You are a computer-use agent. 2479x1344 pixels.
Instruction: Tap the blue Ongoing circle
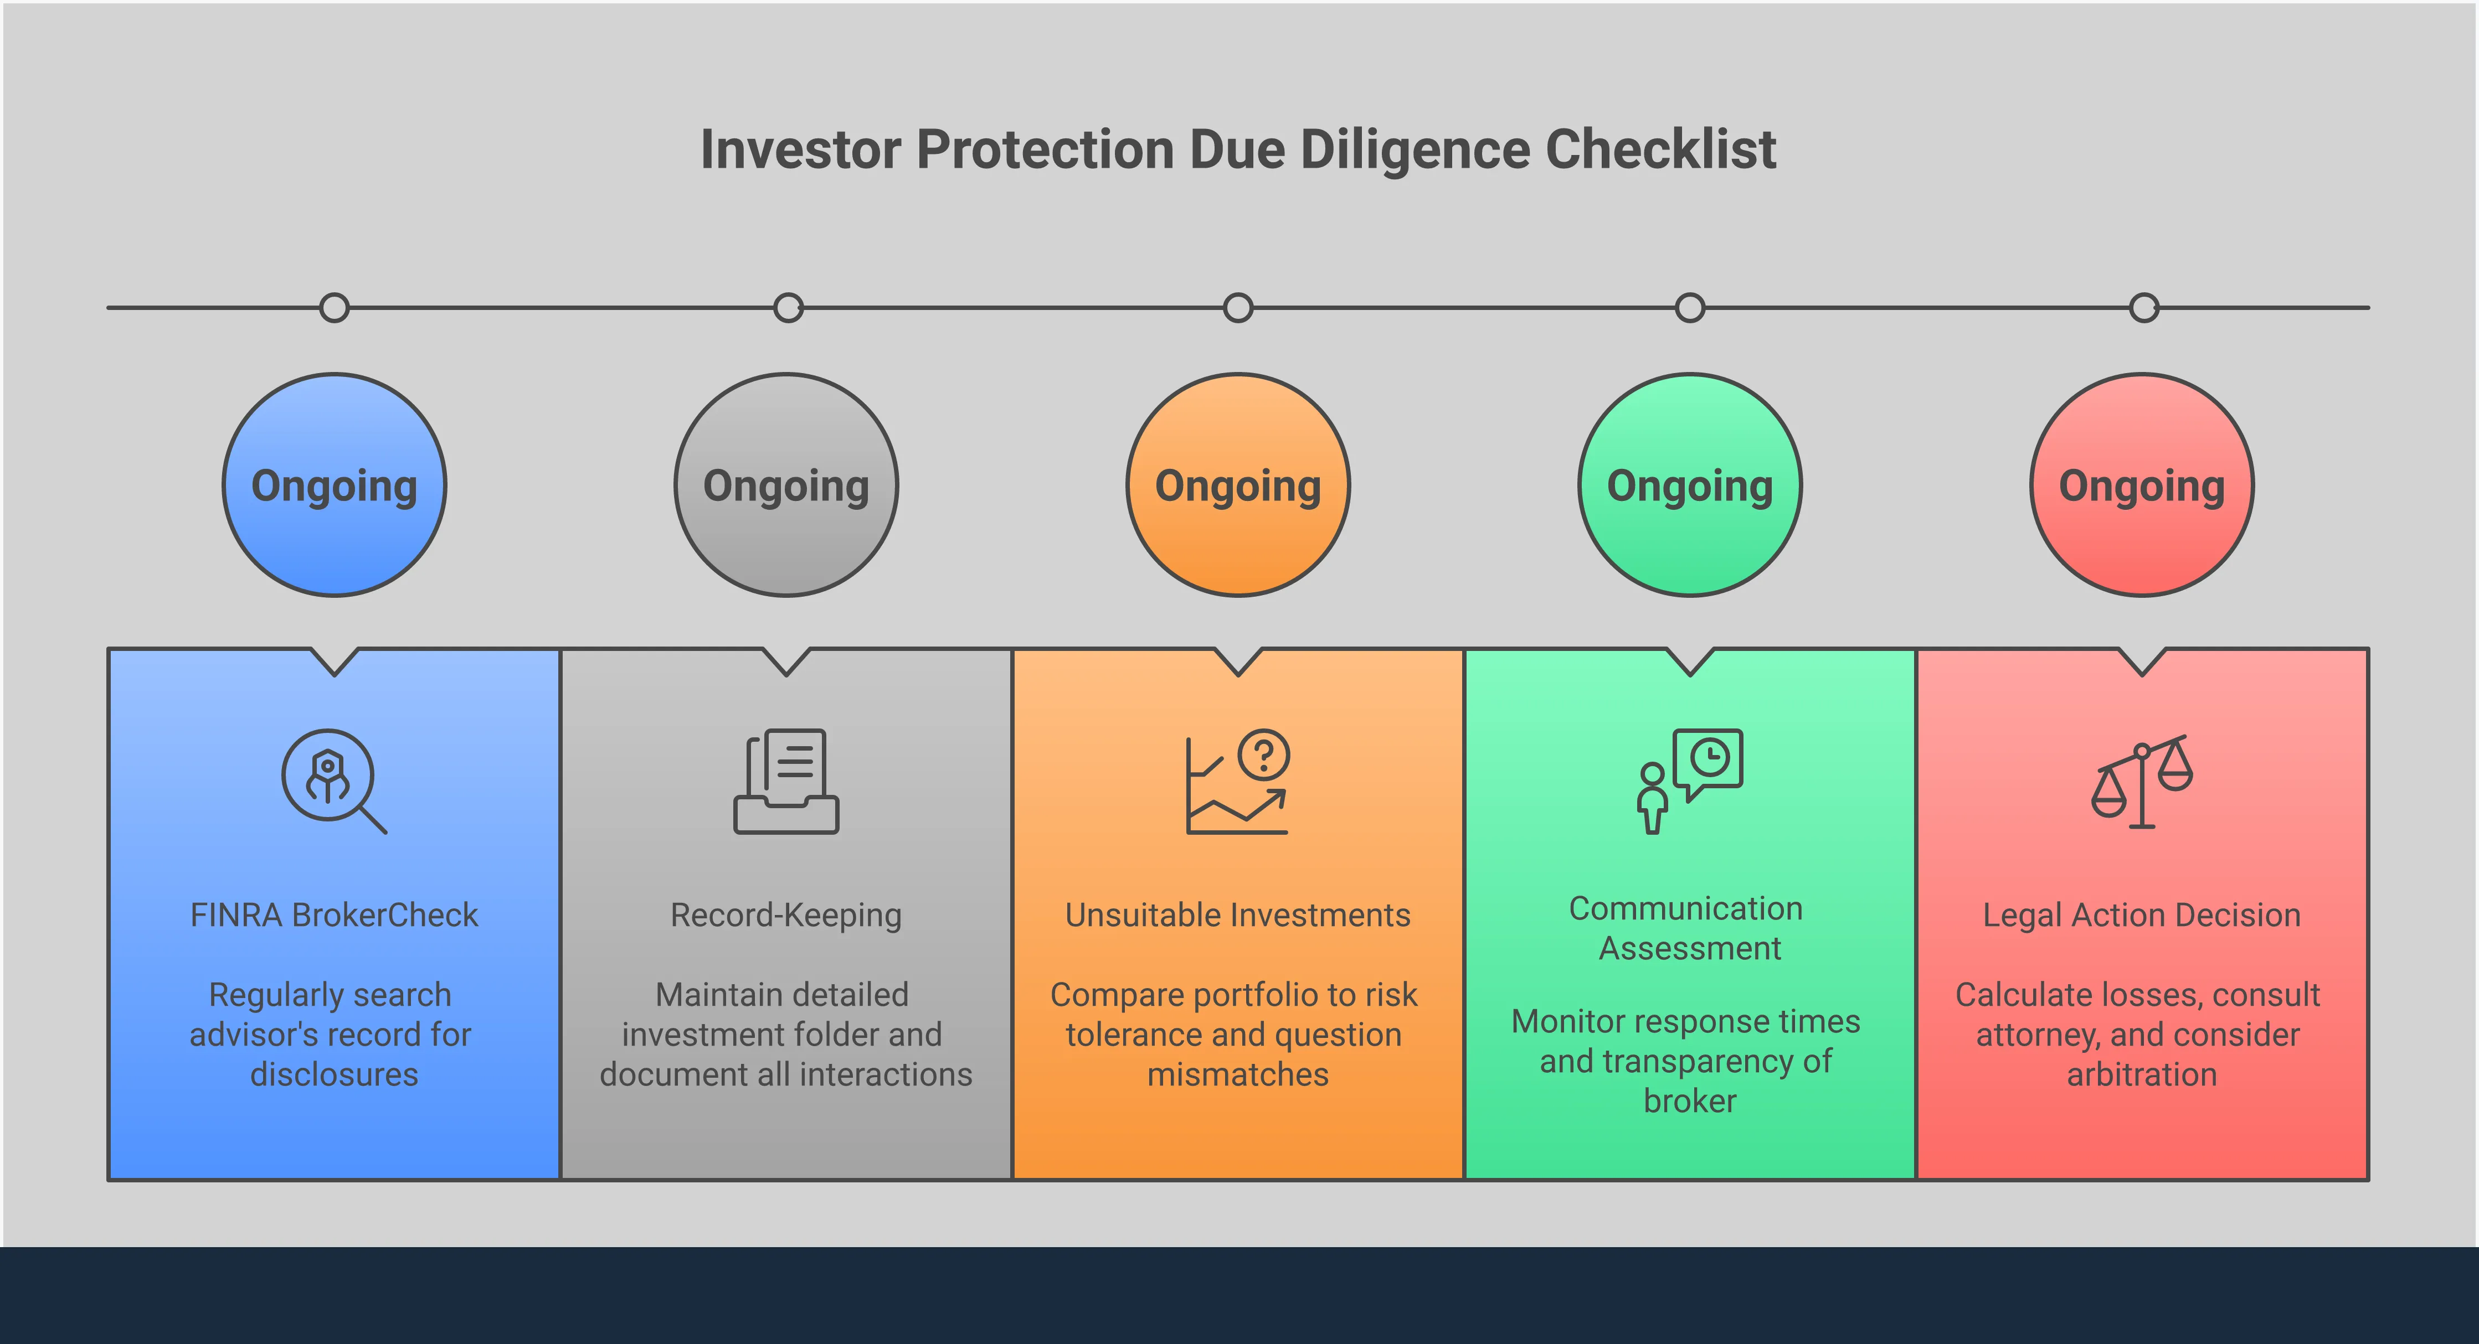pyautogui.click(x=334, y=485)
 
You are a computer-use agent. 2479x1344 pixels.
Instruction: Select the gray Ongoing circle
pyautogui.click(x=786, y=485)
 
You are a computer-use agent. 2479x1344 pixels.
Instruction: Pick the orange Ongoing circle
pyautogui.click(x=1238, y=485)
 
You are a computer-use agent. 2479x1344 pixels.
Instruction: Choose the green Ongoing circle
pyautogui.click(x=1690, y=485)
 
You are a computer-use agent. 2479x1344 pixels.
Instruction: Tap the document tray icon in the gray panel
pyautogui.click(x=786, y=780)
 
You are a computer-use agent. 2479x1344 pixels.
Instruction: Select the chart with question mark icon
pyautogui.click(x=1238, y=781)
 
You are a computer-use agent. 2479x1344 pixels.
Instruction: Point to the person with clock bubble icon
pyautogui.click(x=1690, y=780)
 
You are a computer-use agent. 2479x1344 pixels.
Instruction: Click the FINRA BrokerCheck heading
pyautogui.click(x=334, y=915)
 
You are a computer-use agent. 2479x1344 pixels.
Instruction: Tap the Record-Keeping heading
pyautogui.click(x=786, y=915)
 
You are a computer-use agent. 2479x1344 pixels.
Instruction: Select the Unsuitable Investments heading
pyautogui.click(x=1238, y=915)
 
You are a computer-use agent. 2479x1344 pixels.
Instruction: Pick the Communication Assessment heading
pyautogui.click(x=1690, y=928)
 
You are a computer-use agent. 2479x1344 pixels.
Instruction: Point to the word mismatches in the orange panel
pyautogui.click(x=1238, y=1074)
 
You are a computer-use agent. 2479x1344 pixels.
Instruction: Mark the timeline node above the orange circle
pyautogui.click(x=1238, y=308)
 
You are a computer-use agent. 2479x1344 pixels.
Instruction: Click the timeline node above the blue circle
pyautogui.click(x=334, y=308)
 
